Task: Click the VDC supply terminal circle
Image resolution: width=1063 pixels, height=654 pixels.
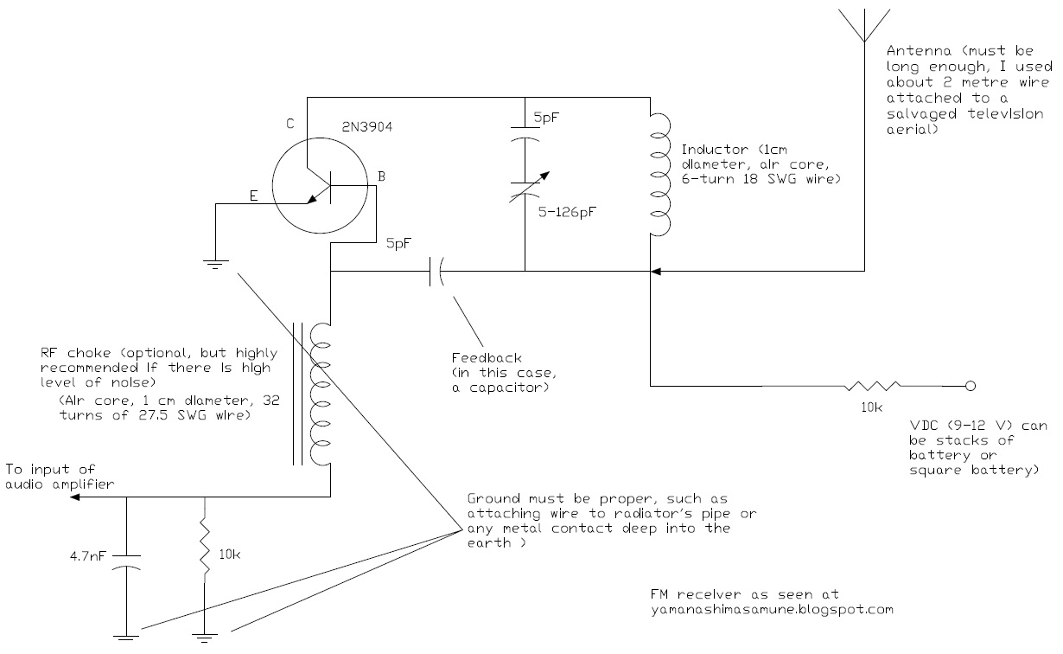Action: click(x=971, y=386)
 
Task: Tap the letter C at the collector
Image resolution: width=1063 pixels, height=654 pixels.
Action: click(x=290, y=125)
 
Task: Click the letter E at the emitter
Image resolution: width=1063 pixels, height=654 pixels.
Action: click(x=254, y=196)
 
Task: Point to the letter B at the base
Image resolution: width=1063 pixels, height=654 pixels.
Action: click(x=380, y=178)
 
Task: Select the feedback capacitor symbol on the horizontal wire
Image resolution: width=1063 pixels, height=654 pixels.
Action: click(x=435, y=273)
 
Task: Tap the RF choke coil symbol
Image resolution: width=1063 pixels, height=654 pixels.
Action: click(x=321, y=394)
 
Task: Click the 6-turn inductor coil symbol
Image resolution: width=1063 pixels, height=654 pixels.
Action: click(x=658, y=173)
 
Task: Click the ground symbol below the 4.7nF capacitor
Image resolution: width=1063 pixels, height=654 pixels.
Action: click(x=127, y=639)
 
